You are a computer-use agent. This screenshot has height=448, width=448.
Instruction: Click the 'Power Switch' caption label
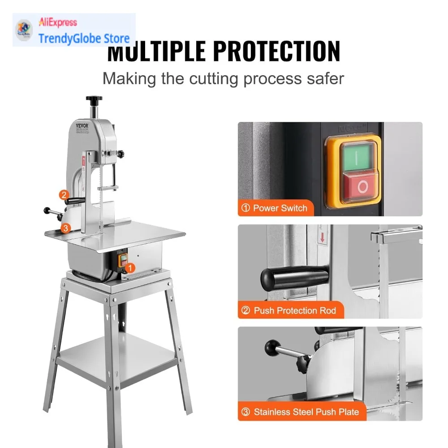click(275, 208)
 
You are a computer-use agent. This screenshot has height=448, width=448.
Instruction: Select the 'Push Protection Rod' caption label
click(289, 310)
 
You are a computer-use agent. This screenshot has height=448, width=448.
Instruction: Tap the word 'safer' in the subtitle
click(322, 78)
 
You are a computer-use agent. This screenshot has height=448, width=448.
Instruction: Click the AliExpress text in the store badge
click(58, 22)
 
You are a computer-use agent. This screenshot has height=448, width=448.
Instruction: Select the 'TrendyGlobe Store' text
click(84, 38)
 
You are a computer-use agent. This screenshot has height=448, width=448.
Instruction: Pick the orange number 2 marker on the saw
click(64, 195)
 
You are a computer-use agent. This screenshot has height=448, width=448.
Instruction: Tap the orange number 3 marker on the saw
click(65, 228)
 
